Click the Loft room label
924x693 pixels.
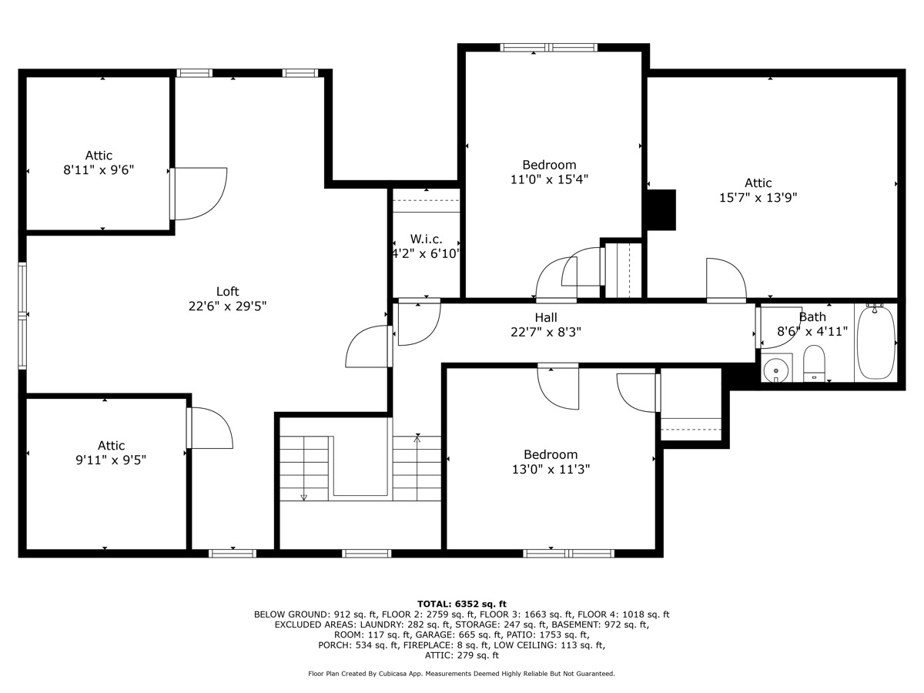(227, 291)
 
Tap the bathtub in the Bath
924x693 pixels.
(875, 343)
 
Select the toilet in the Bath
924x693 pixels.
(814, 363)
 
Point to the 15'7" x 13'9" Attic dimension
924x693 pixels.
(758, 197)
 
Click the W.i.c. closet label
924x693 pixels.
(426, 239)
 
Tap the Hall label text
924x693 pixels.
(546, 317)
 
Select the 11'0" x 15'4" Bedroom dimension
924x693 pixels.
(549, 179)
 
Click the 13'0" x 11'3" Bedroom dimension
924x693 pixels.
(551, 469)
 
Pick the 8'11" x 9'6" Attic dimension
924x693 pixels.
(99, 170)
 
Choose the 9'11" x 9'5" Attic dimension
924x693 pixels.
(111, 460)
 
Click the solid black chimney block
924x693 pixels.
(661, 210)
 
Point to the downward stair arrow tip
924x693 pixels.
(303, 500)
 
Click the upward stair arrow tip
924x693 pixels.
(417, 437)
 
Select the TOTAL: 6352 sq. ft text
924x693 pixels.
(461, 604)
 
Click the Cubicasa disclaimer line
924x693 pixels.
(461, 674)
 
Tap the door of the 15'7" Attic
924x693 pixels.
(726, 280)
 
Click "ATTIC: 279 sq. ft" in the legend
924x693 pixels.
(461, 655)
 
